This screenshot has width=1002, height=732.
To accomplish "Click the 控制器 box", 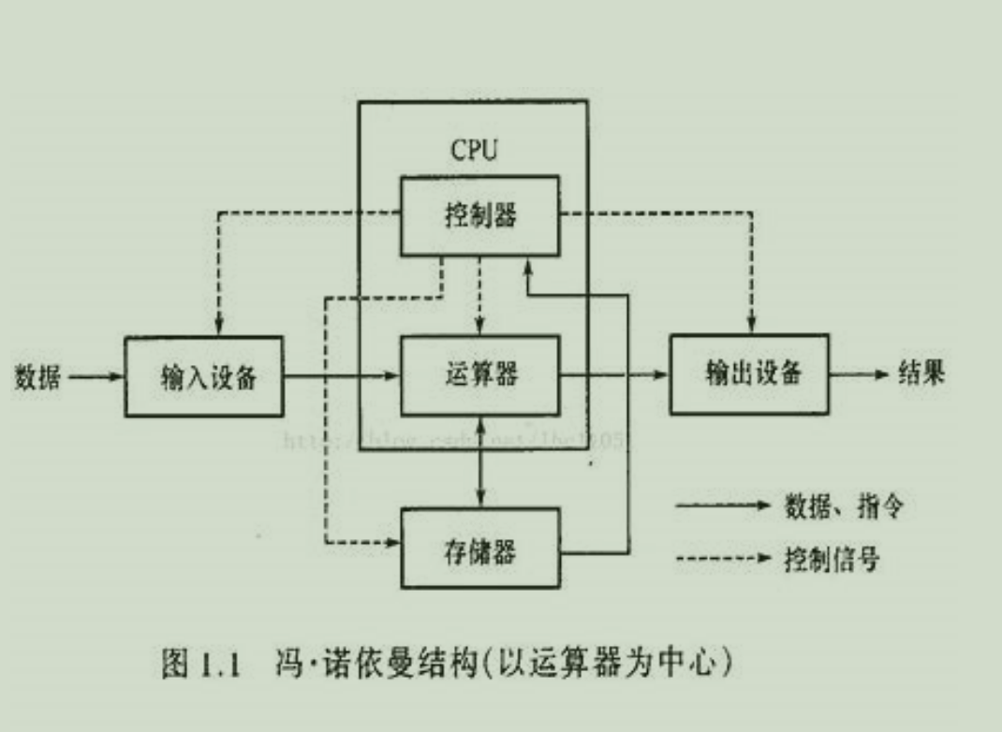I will pos(480,215).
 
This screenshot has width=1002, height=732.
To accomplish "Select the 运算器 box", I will pos(480,375).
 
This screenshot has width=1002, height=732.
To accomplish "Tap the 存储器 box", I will pos(480,549).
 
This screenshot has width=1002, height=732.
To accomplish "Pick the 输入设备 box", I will pos(204,376).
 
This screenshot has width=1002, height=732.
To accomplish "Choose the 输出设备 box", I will pos(750,373).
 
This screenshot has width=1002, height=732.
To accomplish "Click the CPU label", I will pos(474,150).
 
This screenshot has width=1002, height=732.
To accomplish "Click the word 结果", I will pos(921,373).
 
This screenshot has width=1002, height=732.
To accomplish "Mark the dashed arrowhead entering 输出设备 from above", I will pos(750,327).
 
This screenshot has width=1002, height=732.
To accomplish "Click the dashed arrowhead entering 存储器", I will pos(393,542).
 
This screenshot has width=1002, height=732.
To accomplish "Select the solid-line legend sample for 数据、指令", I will pos(721,506).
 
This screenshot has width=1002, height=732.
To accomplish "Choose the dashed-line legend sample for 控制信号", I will pos(721,560).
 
